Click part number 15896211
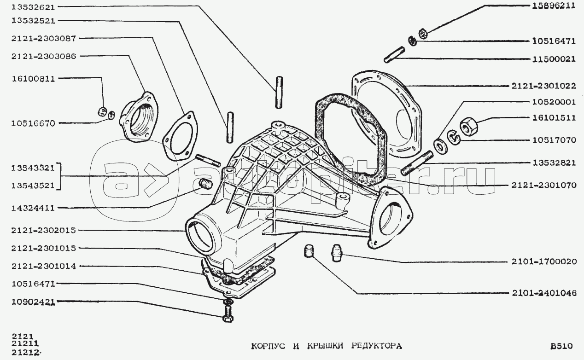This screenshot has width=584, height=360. [551, 6]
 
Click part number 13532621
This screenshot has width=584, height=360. [34, 7]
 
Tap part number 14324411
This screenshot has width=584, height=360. [34, 208]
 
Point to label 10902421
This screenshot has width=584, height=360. [34, 302]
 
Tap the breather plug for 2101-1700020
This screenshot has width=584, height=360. [337, 253]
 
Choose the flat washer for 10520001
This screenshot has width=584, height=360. [440, 147]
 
